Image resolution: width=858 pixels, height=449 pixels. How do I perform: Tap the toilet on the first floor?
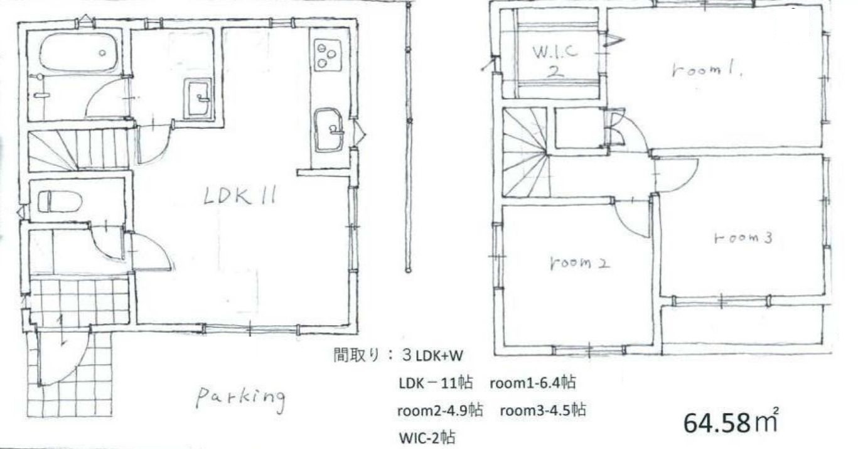[x=60, y=202]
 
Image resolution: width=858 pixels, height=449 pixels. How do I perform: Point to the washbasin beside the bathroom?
[x=198, y=99]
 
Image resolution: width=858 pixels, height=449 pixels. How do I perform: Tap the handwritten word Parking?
[x=240, y=397]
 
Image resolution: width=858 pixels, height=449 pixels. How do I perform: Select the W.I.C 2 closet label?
[x=554, y=60]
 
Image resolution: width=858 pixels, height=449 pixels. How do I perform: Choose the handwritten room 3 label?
[x=743, y=239]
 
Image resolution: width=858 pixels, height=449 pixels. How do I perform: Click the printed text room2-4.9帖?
[x=439, y=411]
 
